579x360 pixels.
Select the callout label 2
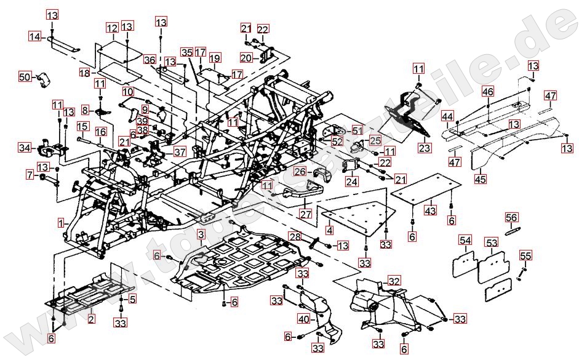point(92,318)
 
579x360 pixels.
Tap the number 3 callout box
point(201,234)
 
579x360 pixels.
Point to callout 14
point(35,37)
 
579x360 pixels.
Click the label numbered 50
point(25,77)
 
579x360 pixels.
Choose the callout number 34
point(25,148)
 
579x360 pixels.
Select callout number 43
point(431,211)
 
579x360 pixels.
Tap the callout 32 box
point(394,281)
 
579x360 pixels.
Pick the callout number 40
point(303,319)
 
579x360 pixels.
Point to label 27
point(306,214)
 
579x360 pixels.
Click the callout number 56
point(512,218)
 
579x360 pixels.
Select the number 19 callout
point(214,58)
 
